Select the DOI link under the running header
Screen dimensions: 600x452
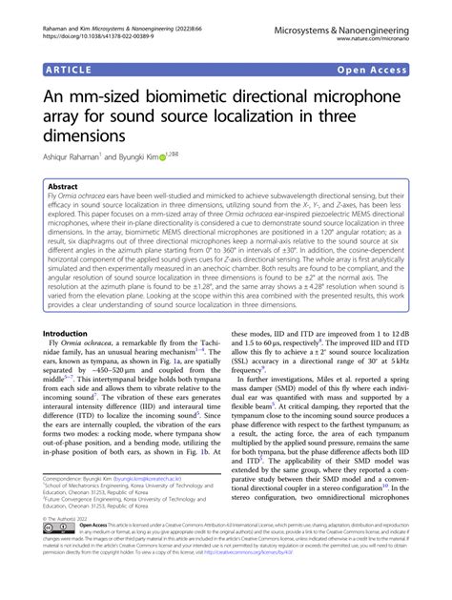coord(95,29)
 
